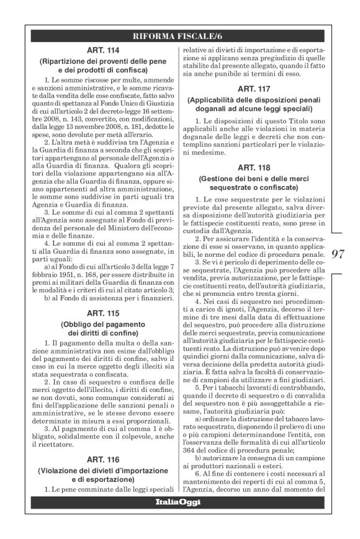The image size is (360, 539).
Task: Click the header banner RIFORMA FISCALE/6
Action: [179, 35]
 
